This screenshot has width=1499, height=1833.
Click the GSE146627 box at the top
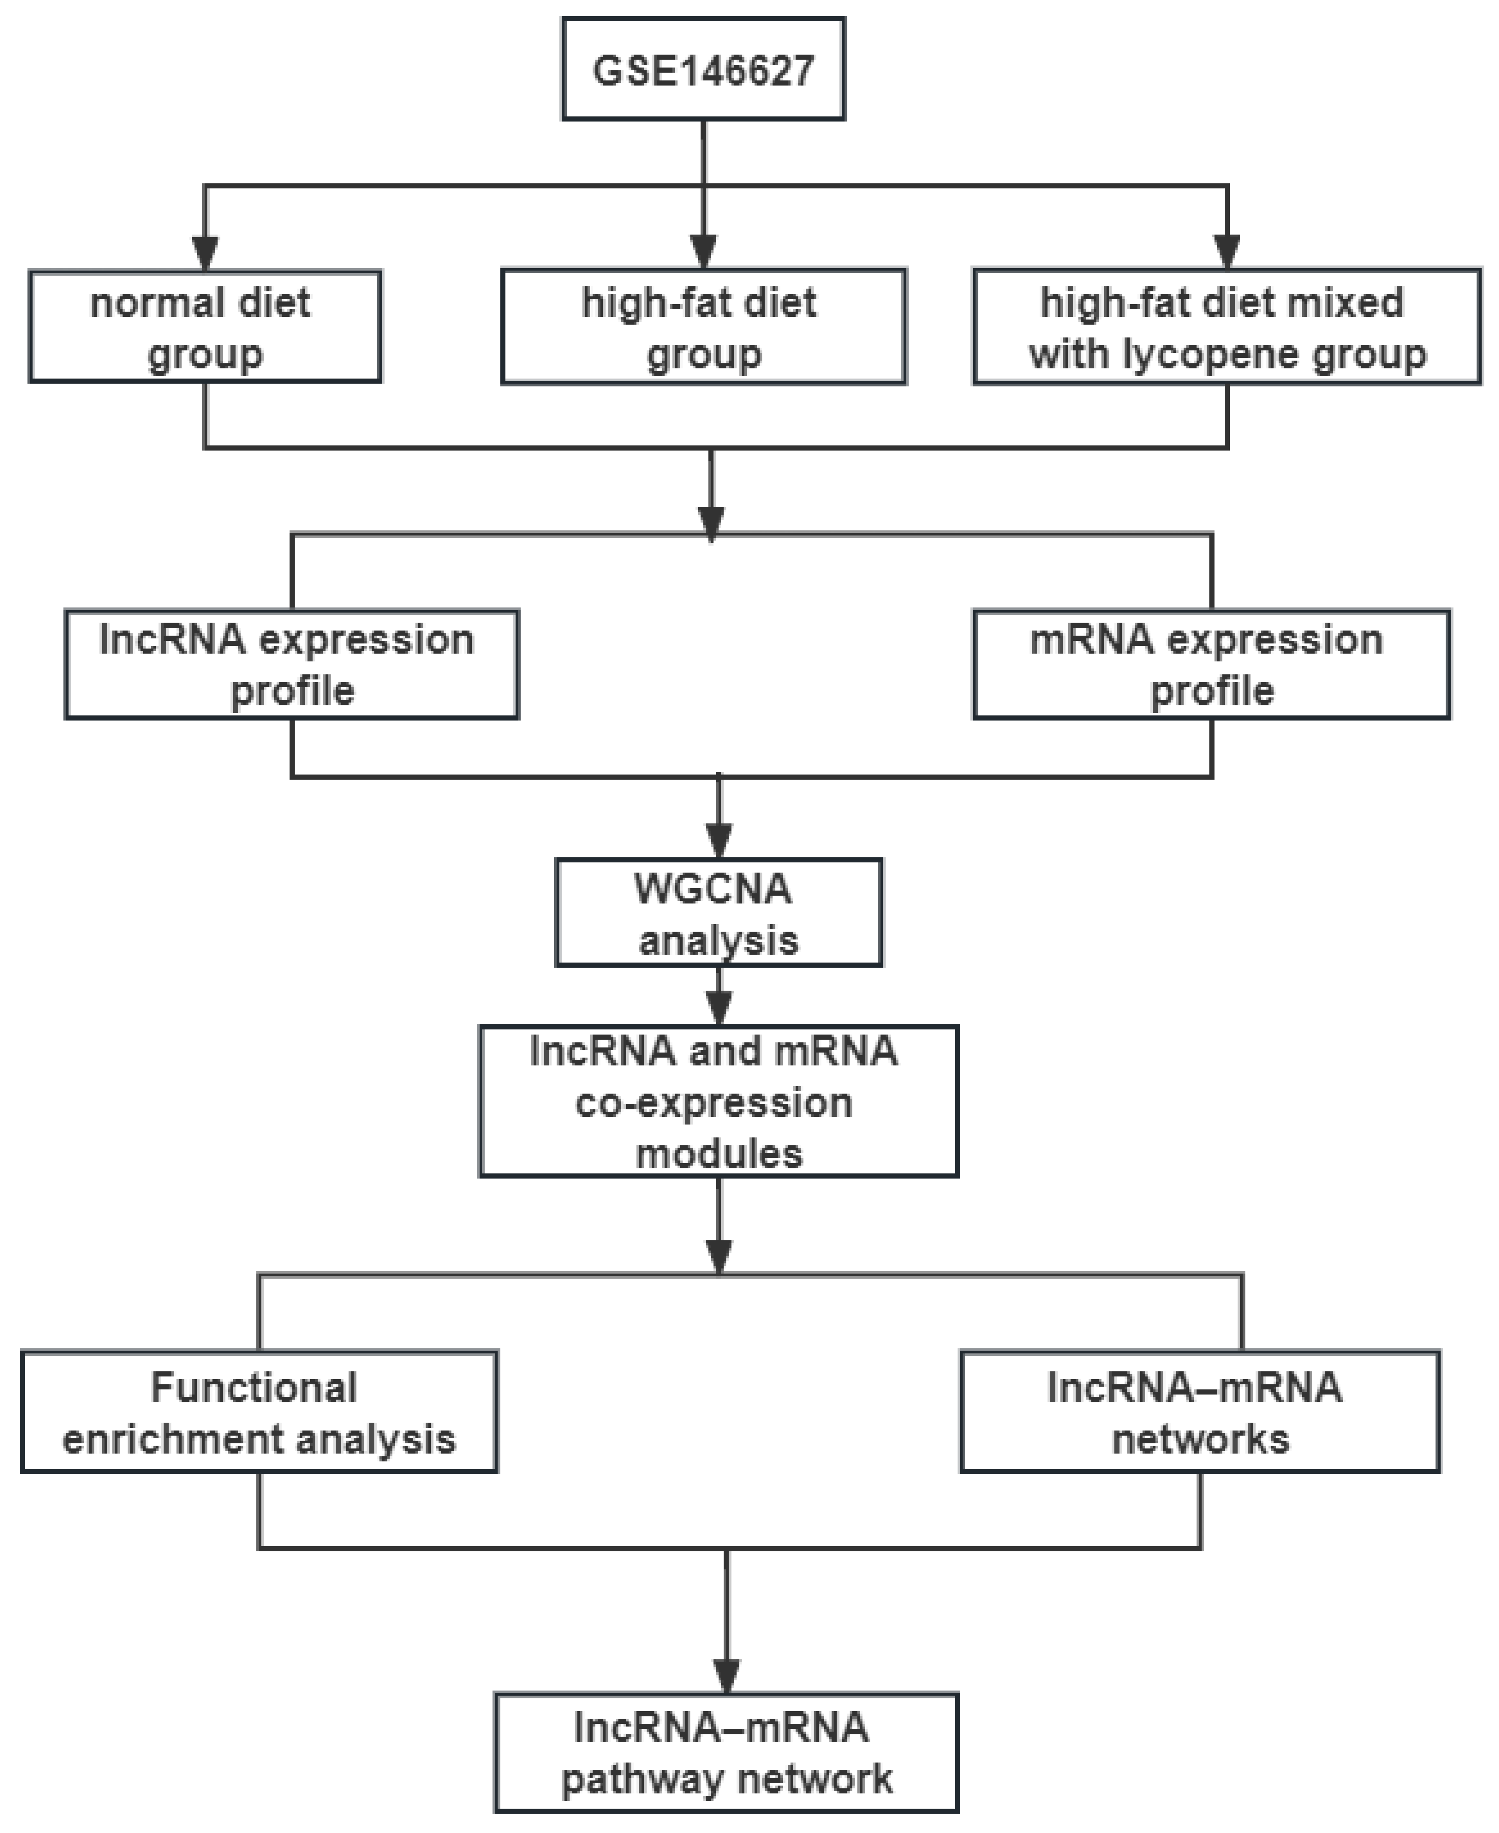(703, 69)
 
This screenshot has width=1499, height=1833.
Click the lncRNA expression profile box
(292, 664)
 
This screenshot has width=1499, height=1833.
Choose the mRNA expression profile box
(1212, 664)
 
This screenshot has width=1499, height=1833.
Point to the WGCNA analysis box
(719, 912)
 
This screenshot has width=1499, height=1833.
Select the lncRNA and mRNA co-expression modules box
(719, 1101)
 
